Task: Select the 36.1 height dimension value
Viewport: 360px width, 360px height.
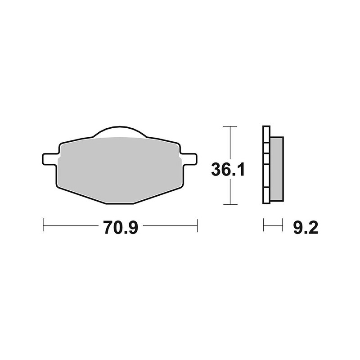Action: click(228, 170)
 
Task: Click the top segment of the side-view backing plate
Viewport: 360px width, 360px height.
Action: click(265, 134)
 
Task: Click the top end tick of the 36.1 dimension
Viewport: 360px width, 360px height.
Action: click(230, 126)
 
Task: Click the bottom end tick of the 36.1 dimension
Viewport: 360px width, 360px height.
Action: click(230, 204)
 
